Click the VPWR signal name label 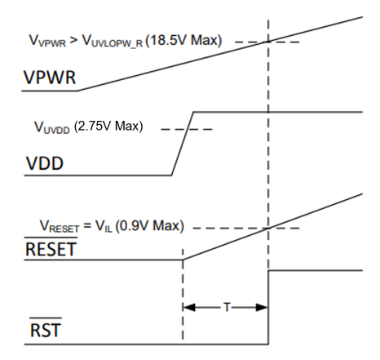click(x=50, y=78)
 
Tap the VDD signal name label click(x=45, y=163)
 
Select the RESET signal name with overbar click(x=51, y=247)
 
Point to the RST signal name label click(x=46, y=328)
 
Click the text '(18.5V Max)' click(x=183, y=41)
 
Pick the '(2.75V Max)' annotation click(x=108, y=127)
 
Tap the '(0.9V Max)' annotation click(x=150, y=226)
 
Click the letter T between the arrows click(x=227, y=308)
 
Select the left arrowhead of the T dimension click(x=189, y=308)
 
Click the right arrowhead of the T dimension click(x=262, y=308)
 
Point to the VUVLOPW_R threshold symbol click(x=113, y=41)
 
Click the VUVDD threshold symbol click(x=52, y=127)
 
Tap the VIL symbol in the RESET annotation click(x=104, y=226)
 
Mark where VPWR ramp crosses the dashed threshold click(x=268, y=42)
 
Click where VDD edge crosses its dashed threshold click(x=188, y=129)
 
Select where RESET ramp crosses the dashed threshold click(x=268, y=228)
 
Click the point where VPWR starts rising click(x=78, y=91)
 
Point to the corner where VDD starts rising click(x=171, y=176)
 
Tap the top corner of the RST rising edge click(x=268, y=271)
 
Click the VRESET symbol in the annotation click(x=60, y=227)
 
